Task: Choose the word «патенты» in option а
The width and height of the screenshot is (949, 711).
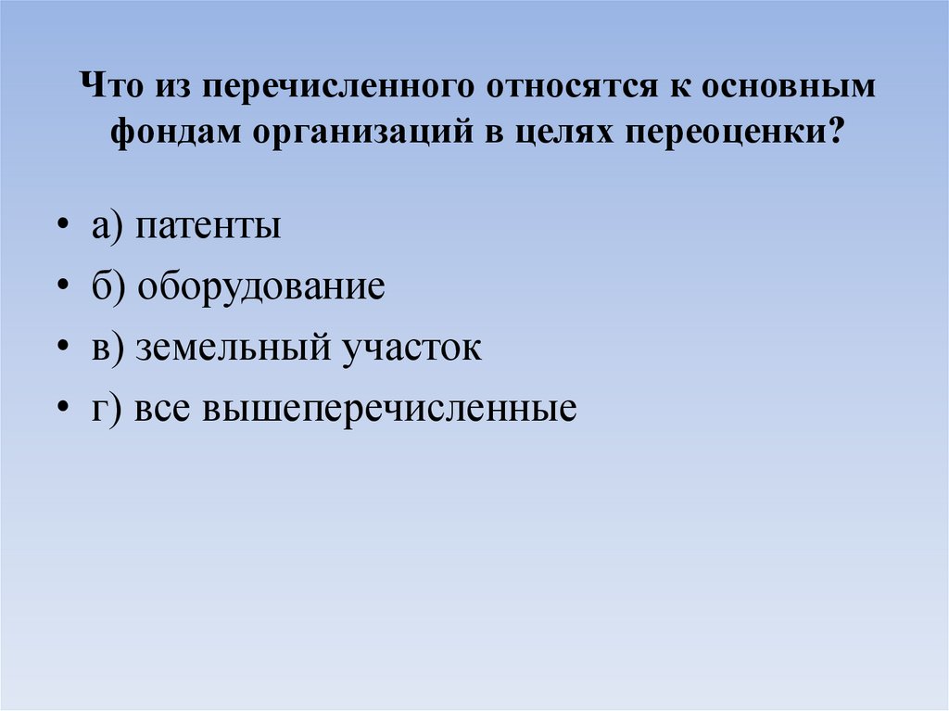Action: pyautogui.click(x=208, y=227)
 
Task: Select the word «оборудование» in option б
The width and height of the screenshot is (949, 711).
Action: pyautogui.click(x=261, y=287)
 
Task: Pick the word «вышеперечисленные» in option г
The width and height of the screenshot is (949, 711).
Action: pyautogui.click(x=387, y=408)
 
